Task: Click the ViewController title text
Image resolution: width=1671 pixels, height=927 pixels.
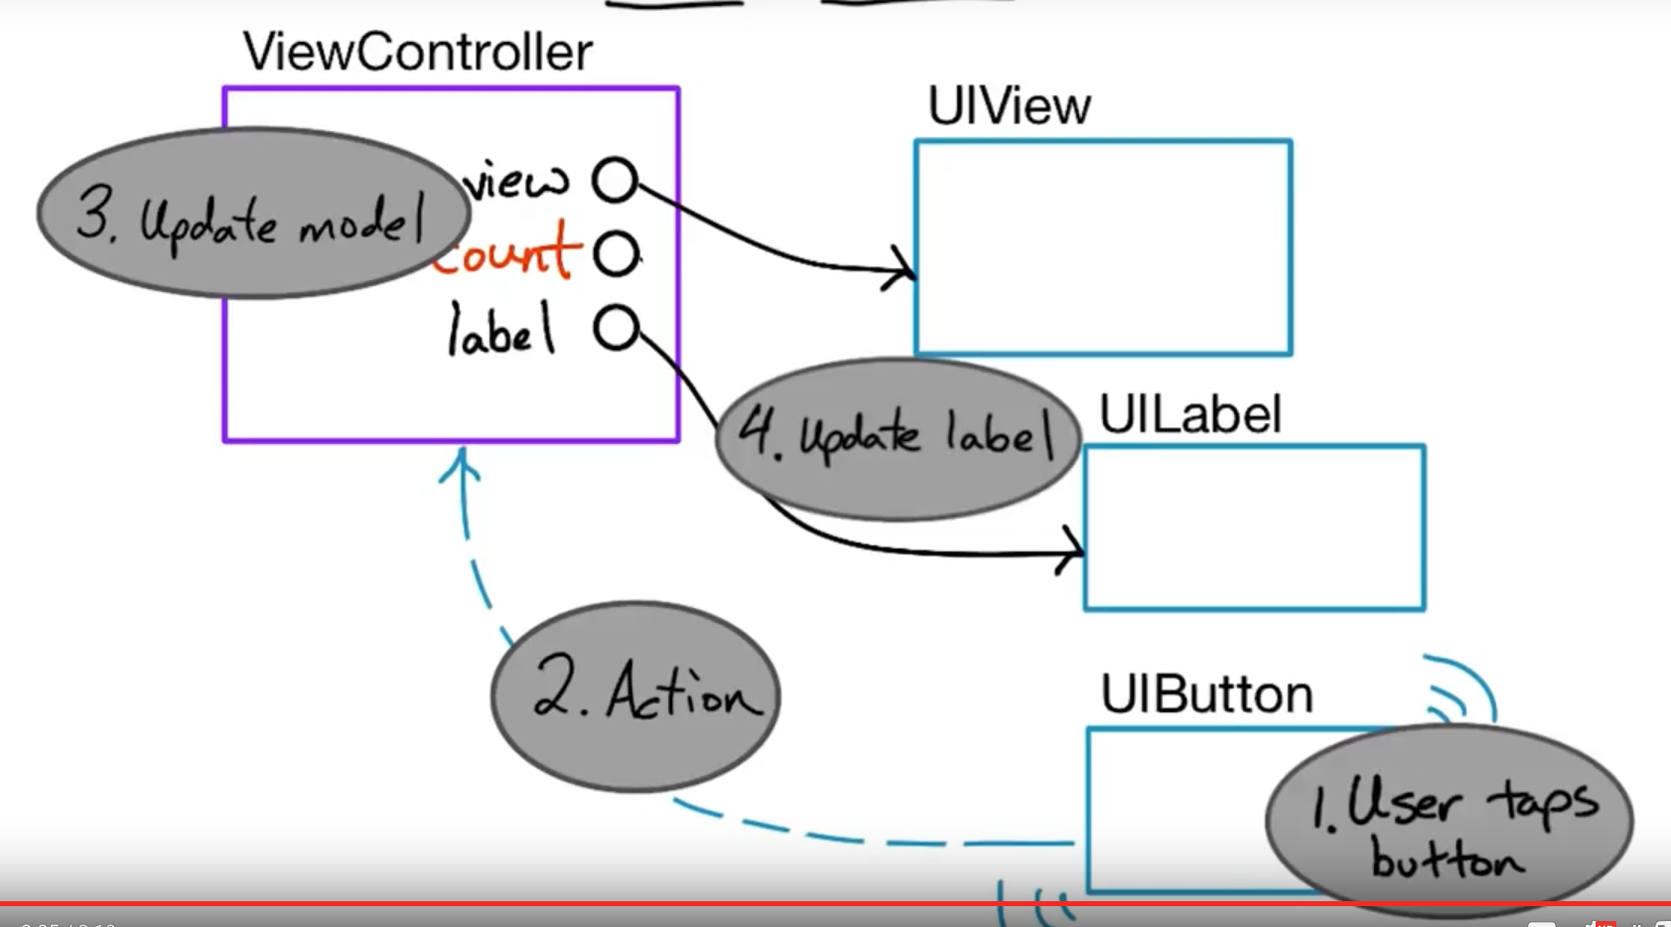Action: click(x=417, y=52)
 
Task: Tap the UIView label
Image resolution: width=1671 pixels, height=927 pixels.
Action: click(x=1009, y=105)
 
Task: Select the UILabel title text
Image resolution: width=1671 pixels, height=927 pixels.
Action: click(x=1189, y=414)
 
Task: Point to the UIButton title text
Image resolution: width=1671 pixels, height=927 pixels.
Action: click(x=1205, y=694)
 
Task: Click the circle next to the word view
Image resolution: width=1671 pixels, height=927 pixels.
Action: click(x=615, y=180)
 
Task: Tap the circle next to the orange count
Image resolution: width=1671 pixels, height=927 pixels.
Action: click(x=616, y=253)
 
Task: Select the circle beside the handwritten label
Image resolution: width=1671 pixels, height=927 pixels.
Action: click(x=616, y=328)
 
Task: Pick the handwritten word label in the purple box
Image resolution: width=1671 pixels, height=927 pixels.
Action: click(x=500, y=331)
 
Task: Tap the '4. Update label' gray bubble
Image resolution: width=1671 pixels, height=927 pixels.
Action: click(x=897, y=438)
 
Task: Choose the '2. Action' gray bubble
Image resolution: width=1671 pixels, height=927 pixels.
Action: click(x=635, y=695)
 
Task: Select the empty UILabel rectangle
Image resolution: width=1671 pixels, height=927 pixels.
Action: click(x=1254, y=528)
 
